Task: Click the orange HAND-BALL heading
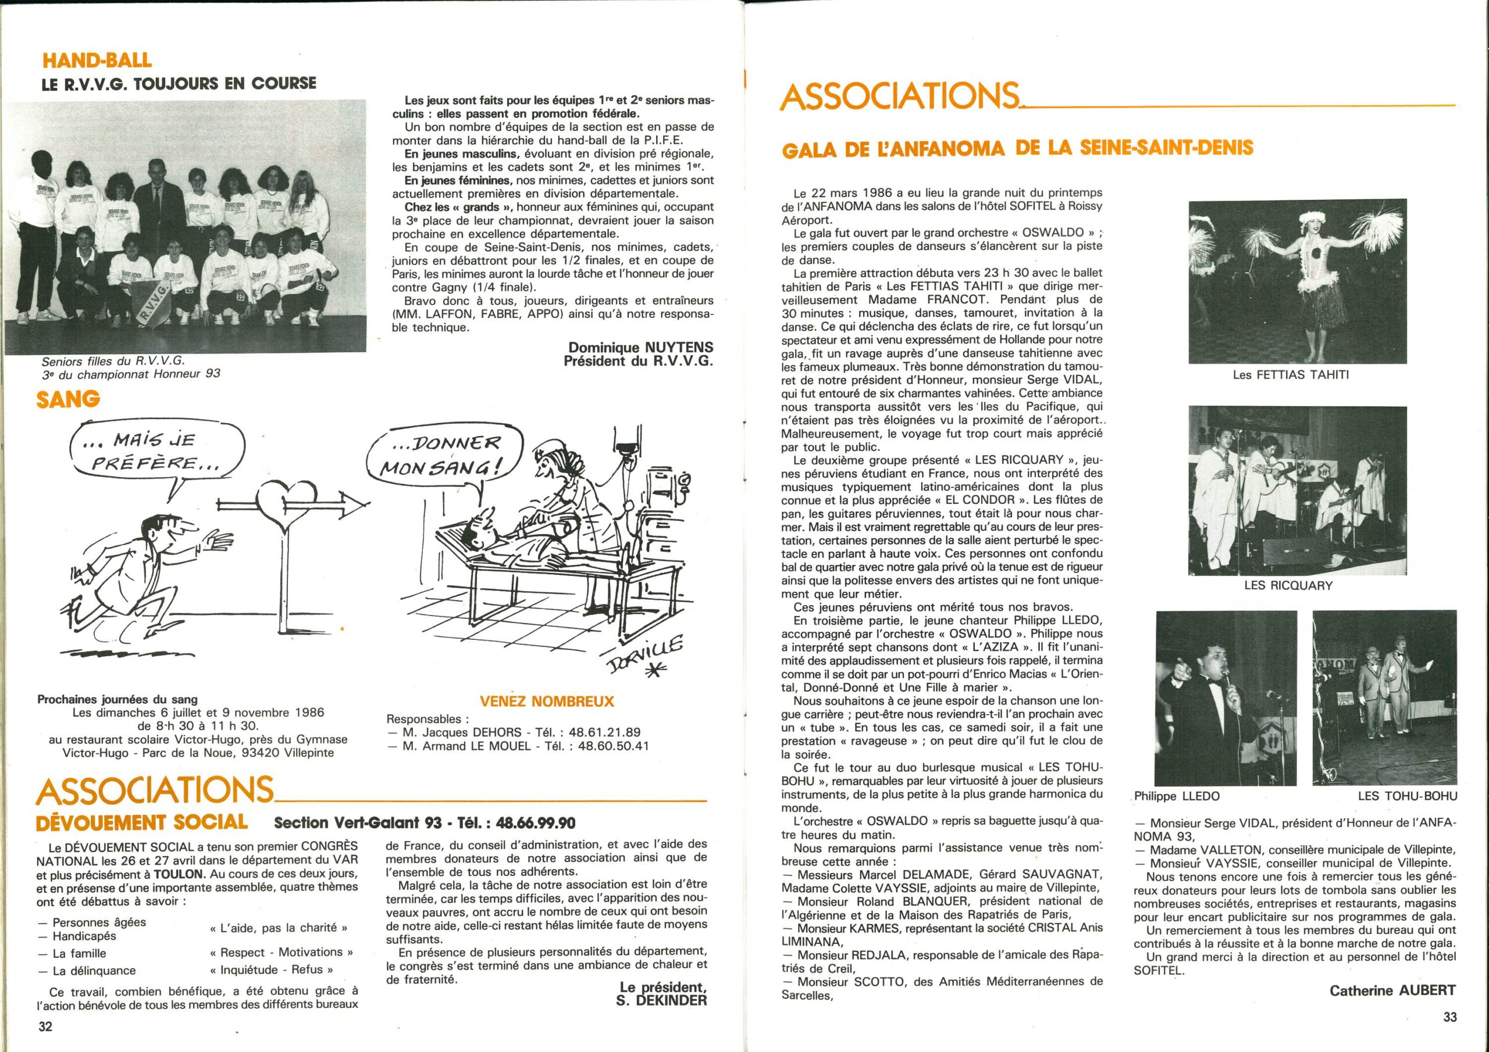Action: click(97, 60)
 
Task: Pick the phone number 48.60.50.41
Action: click(612, 746)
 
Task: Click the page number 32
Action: click(45, 1026)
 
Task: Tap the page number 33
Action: click(1450, 1017)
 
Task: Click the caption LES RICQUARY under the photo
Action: click(1296, 585)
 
